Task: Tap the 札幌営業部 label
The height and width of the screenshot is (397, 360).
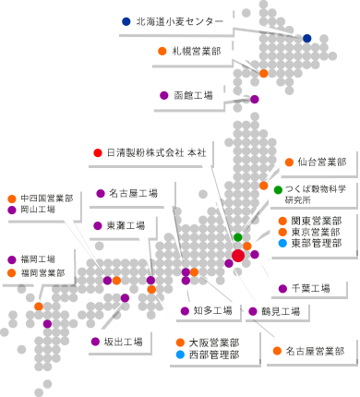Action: click(196, 51)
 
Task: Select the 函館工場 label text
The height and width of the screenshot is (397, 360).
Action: click(193, 94)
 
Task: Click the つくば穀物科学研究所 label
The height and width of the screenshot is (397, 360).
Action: click(315, 193)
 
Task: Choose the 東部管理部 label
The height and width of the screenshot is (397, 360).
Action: click(316, 243)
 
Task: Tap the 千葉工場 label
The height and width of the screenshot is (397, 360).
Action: click(310, 289)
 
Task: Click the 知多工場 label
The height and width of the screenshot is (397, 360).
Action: click(213, 310)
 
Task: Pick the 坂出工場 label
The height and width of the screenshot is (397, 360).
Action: click(123, 342)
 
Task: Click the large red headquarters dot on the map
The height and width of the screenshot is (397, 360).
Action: click(238, 255)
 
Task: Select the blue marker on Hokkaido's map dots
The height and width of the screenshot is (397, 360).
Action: click(307, 37)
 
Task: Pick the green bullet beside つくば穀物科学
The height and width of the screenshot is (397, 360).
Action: click(278, 189)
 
